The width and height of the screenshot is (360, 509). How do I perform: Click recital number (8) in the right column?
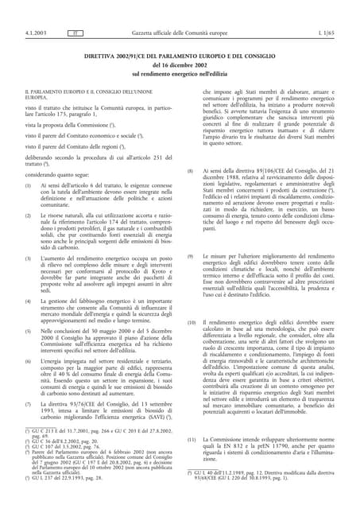click(x=190, y=171)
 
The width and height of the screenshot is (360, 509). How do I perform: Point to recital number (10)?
click(x=191, y=322)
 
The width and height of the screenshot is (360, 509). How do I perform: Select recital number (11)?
click(x=191, y=439)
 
